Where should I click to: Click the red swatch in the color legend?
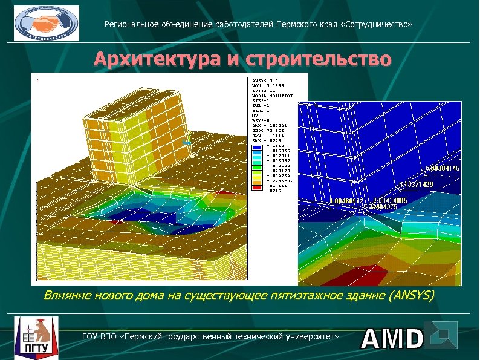(x=256, y=190)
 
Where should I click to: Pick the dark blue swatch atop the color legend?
(x=256, y=146)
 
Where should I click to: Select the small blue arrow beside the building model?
(x=187, y=143)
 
